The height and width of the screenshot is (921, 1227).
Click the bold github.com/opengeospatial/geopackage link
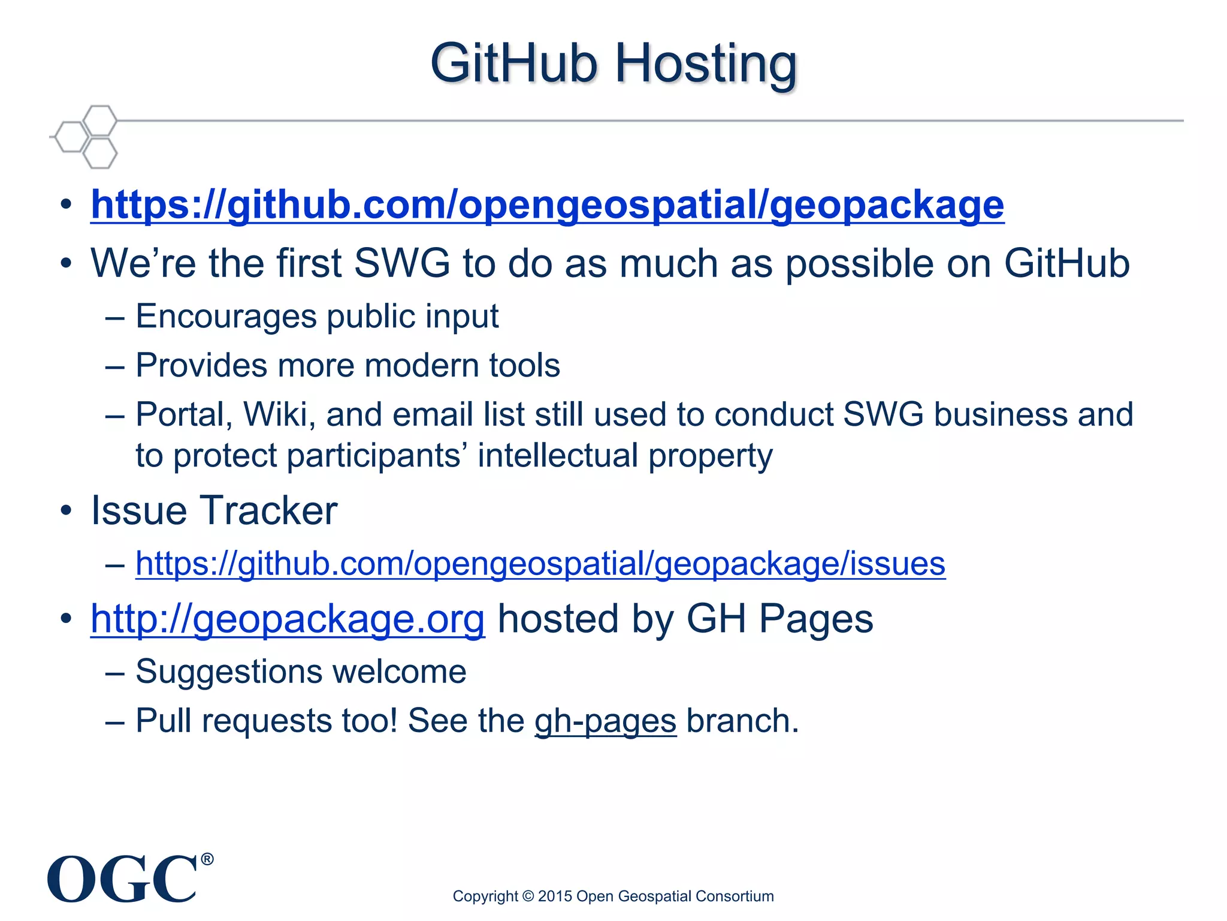click(x=547, y=205)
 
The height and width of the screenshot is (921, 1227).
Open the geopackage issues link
click(x=540, y=564)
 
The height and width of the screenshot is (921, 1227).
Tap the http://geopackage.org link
click(x=288, y=619)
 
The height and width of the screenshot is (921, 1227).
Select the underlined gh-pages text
click(x=605, y=721)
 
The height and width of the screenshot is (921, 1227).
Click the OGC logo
click(x=123, y=879)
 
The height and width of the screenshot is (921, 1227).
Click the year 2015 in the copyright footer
click(x=555, y=896)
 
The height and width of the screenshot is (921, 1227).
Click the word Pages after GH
click(x=816, y=619)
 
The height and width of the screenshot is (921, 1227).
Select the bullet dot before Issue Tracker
click(x=66, y=511)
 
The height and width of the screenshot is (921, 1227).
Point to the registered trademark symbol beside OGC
click(x=207, y=860)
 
